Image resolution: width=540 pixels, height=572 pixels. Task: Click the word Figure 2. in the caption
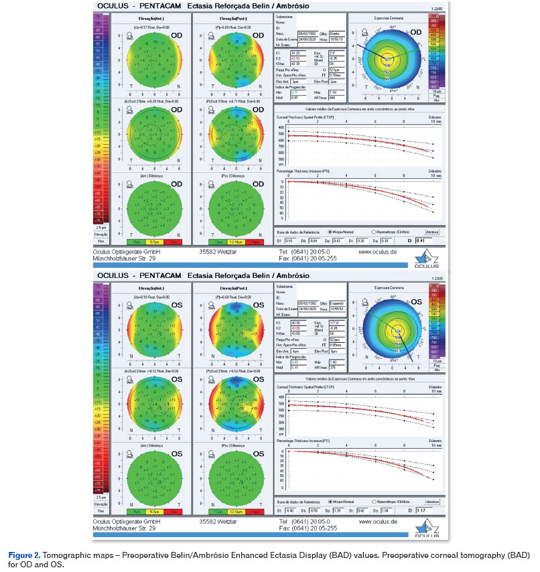click(x=23, y=557)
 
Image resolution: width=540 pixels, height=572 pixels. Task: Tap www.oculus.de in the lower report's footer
click(x=379, y=521)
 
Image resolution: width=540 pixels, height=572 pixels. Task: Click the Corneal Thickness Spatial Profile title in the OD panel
click(x=303, y=115)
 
